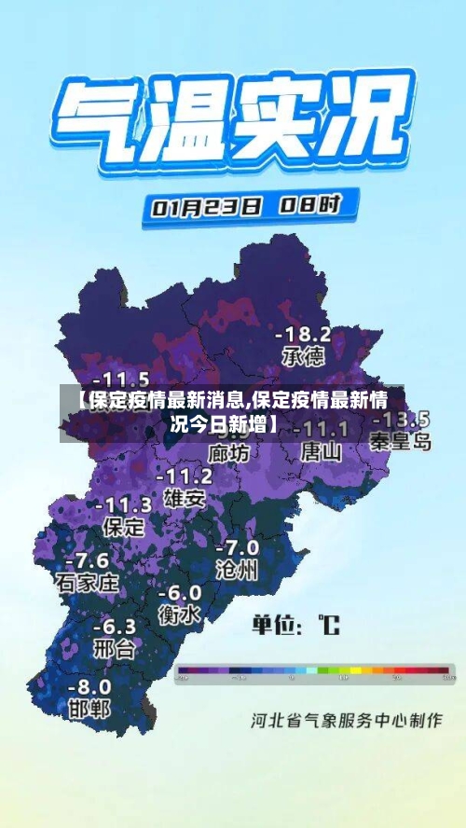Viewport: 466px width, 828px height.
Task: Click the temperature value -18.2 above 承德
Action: coord(304,334)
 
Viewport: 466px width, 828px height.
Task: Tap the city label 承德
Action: coord(304,355)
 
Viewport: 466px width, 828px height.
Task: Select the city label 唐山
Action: coord(322,452)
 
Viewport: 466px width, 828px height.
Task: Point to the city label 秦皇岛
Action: coord(401,441)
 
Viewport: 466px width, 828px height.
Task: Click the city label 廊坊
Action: coord(228,453)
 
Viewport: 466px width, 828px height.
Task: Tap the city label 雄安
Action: coord(184,497)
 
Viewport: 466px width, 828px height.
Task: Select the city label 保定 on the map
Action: coord(123,526)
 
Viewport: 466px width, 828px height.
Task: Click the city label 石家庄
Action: coord(88,584)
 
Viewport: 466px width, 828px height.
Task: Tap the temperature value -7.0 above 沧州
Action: coord(237,547)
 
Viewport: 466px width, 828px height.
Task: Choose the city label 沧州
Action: coord(237,569)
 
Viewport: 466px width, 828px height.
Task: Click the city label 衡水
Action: coord(180,614)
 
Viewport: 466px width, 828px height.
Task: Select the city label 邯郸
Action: coord(89,708)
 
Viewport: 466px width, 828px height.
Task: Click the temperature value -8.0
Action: coord(89,685)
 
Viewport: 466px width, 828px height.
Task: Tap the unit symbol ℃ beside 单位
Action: coord(328,624)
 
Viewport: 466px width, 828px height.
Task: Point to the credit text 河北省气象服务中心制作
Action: coord(345,720)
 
